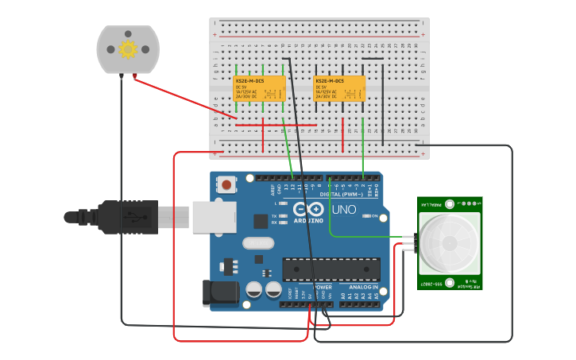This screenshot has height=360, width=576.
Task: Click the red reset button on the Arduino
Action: pos(227,185)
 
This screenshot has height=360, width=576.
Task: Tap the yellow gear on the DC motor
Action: pos(128,49)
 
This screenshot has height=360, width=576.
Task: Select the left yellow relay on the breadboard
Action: pos(260,89)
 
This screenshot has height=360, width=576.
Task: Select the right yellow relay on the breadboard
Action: pos(339,89)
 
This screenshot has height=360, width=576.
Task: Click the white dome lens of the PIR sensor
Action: pos(450,242)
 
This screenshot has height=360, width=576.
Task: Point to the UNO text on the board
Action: pos(343,210)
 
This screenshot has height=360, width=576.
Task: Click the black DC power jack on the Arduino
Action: pos(220,292)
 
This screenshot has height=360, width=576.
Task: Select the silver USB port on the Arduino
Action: pos(213,216)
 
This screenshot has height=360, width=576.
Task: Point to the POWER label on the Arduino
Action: pos(323,287)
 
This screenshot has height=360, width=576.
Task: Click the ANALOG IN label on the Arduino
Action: pos(365,287)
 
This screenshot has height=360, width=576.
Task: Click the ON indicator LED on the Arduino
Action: pos(364,216)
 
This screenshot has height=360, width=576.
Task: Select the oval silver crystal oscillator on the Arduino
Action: pos(257,242)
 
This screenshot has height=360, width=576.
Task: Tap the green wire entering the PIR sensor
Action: pos(373,236)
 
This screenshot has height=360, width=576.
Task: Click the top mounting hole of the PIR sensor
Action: pos(450,203)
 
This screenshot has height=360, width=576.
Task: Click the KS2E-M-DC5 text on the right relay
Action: pos(330,81)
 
